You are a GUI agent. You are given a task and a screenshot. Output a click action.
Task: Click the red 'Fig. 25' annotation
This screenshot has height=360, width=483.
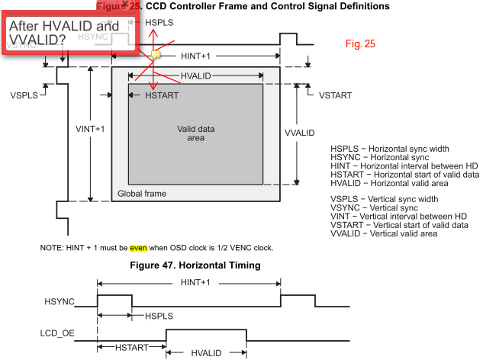(x=360, y=44)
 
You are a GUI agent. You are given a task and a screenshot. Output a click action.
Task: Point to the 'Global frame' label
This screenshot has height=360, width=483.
(x=142, y=194)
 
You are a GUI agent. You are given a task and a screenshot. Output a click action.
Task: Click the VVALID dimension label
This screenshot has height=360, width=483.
(x=299, y=133)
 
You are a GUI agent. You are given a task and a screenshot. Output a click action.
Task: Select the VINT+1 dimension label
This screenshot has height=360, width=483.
(x=90, y=128)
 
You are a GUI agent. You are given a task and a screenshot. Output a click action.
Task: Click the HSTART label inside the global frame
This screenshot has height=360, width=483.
(x=163, y=95)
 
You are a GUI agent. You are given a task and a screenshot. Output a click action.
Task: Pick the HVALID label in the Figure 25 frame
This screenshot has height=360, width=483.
(x=196, y=76)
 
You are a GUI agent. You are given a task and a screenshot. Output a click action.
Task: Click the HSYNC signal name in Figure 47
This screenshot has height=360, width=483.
(x=60, y=302)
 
